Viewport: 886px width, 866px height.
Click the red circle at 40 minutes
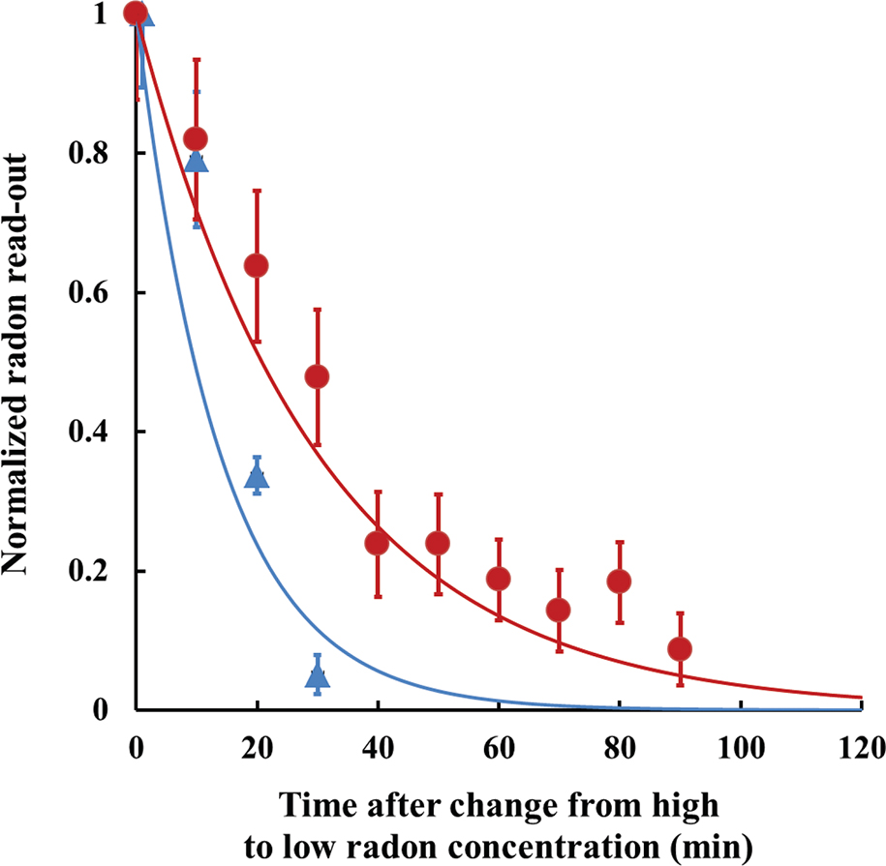tap(377, 543)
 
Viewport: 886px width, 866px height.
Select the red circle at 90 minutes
tap(680, 648)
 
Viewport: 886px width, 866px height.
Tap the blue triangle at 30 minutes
tap(318, 675)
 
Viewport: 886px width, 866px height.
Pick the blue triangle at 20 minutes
tap(257, 475)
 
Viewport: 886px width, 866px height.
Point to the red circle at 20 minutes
tap(257, 265)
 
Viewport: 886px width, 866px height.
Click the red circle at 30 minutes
tap(317, 376)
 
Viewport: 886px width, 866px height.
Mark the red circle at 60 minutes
tap(499, 579)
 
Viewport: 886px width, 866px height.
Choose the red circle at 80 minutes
tap(620, 582)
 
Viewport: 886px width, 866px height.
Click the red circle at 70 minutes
tap(559, 610)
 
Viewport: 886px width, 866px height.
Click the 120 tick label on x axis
tap(861, 747)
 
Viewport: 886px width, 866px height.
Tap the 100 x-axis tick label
tap(741, 747)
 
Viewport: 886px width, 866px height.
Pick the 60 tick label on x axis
tap(499, 747)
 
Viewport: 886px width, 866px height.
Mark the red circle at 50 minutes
tap(438, 543)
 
